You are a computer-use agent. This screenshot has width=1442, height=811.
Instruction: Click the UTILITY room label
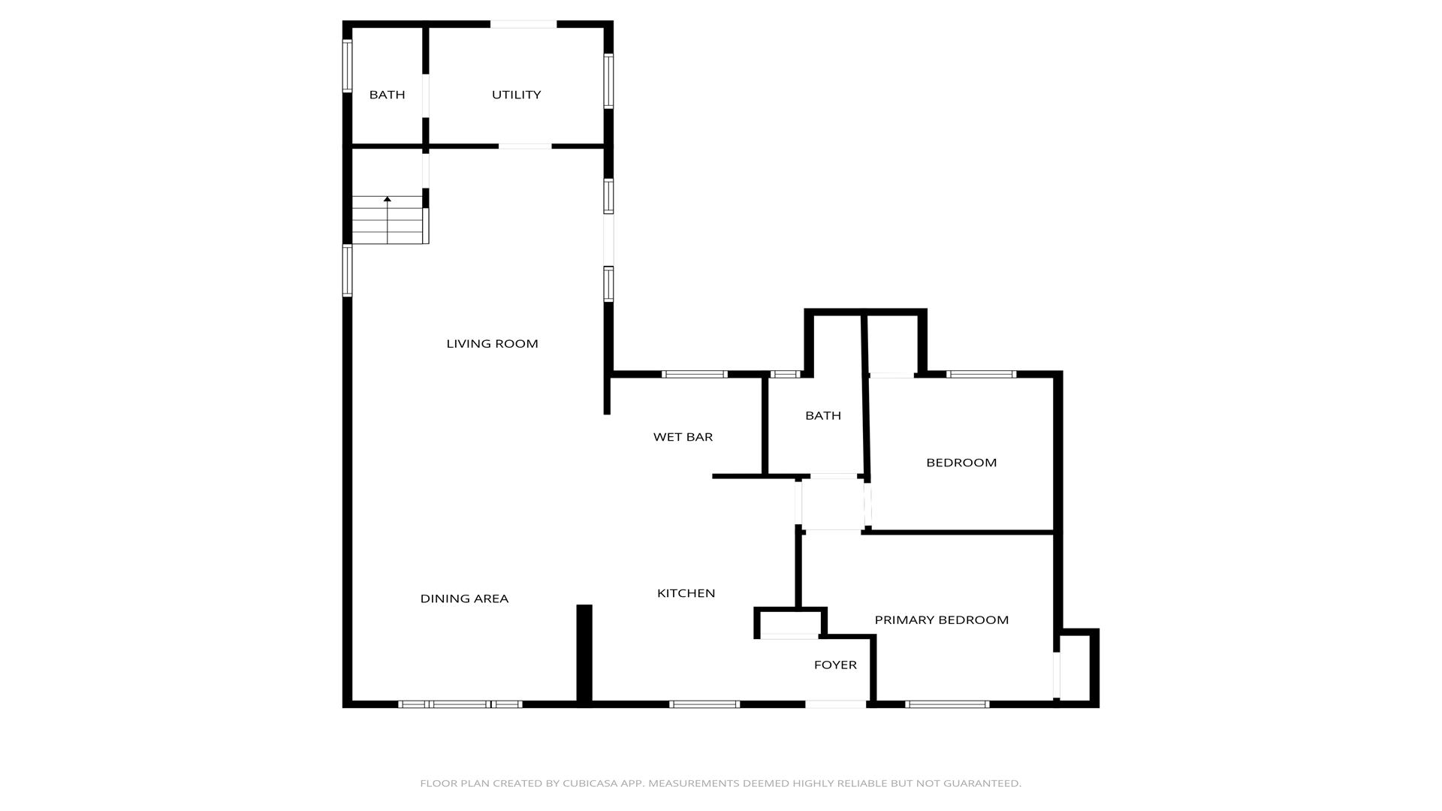[516, 95]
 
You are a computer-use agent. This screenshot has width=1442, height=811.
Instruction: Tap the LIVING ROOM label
[492, 344]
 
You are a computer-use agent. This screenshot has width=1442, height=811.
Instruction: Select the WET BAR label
[683, 437]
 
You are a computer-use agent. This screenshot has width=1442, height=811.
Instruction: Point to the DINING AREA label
[464, 598]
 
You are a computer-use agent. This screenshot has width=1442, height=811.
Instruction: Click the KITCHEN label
[686, 593]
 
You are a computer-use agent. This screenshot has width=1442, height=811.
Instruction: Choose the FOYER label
[835, 665]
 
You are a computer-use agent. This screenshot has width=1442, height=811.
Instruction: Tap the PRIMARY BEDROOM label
[941, 620]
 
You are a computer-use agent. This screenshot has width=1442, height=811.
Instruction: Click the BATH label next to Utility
[387, 95]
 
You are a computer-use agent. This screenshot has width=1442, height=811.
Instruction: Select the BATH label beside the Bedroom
[823, 416]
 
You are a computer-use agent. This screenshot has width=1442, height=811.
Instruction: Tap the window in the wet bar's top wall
[695, 374]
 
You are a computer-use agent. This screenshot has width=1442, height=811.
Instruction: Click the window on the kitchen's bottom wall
[704, 704]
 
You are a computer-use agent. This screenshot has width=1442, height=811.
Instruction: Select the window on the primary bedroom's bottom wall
[947, 704]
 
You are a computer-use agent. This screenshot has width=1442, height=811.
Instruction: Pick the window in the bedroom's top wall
[981, 374]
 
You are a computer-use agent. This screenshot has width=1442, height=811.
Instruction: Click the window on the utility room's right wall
[608, 81]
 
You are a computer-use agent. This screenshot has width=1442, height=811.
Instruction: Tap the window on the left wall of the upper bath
[347, 66]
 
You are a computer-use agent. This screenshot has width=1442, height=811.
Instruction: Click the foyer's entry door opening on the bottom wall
[835, 704]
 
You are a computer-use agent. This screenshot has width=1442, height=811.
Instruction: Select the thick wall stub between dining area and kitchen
[584, 654]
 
